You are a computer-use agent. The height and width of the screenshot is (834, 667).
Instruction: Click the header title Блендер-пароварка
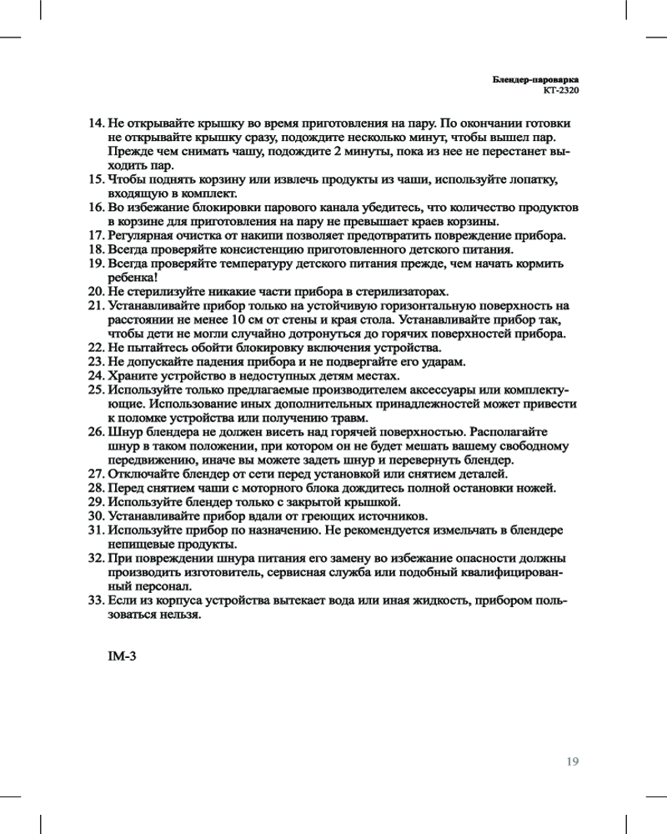pyautogui.click(x=534, y=78)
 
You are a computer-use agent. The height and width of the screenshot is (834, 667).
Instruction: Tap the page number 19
pyautogui.click(x=572, y=761)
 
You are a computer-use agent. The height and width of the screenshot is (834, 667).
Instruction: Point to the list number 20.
pyautogui.click(x=96, y=291)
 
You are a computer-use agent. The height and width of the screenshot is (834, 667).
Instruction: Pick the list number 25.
pyautogui.click(x=96, y=389)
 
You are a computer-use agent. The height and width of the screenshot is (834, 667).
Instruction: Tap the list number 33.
pyautogui.click(x=96, y=600)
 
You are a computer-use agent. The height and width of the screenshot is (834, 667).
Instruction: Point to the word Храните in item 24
pyautogui.click(x=133, y=375)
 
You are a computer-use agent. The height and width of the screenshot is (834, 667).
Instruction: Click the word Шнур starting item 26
pyautogui.click(x=123, y=432)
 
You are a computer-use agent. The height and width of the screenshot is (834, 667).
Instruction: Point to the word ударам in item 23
pyautogui.click(x=444, y=361)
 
